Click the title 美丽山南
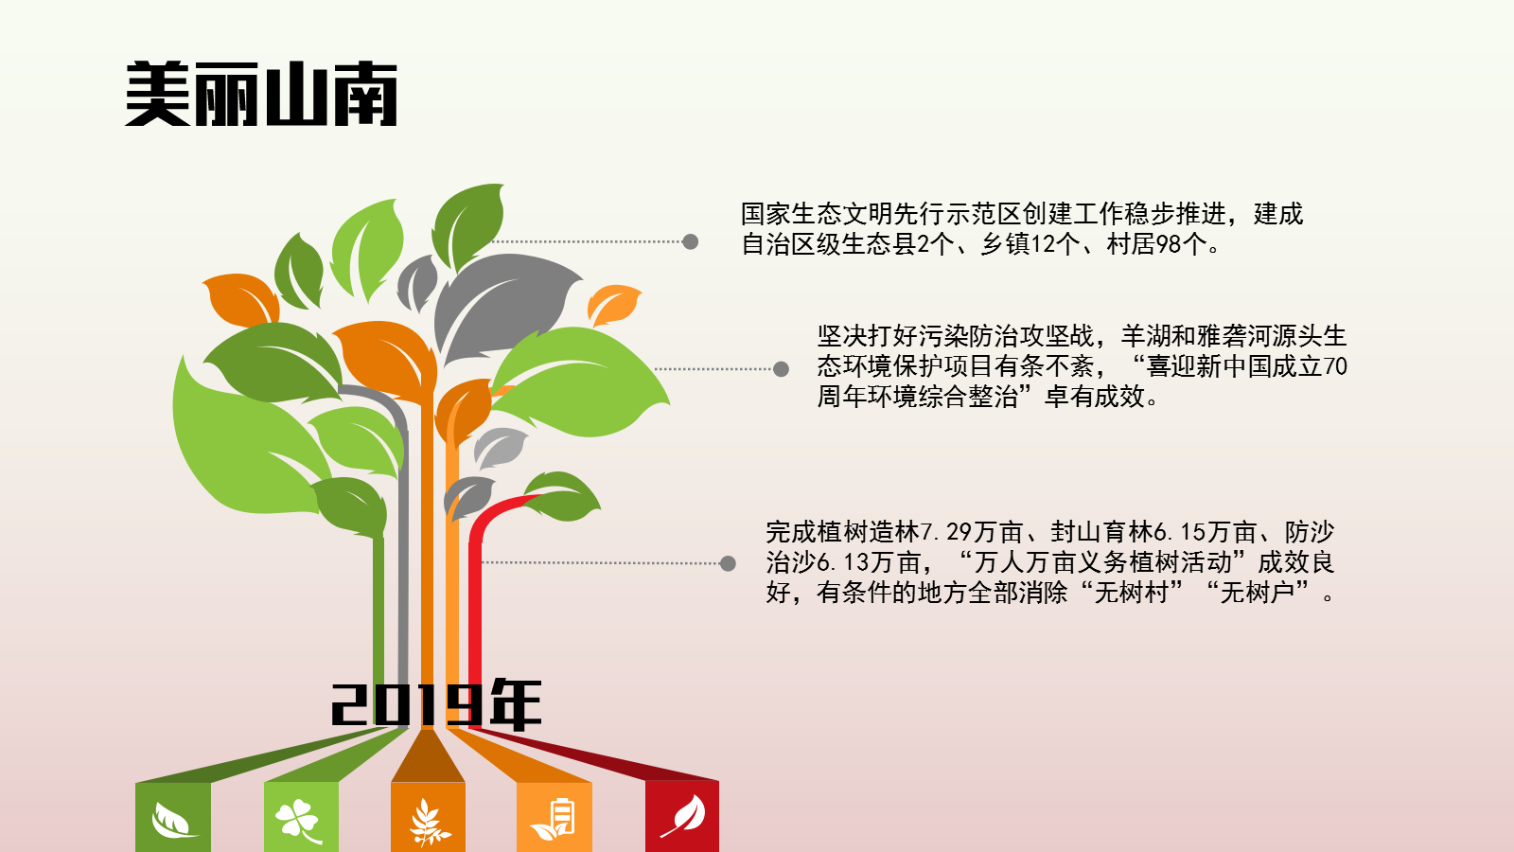261,94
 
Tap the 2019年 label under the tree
436,704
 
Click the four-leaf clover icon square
301,817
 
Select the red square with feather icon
682,817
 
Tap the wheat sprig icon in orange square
429,823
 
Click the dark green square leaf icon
173,817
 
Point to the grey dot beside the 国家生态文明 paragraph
690,241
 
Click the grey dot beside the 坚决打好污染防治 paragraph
781,368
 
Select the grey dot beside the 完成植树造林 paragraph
728,563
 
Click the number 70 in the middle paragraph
1335,366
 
